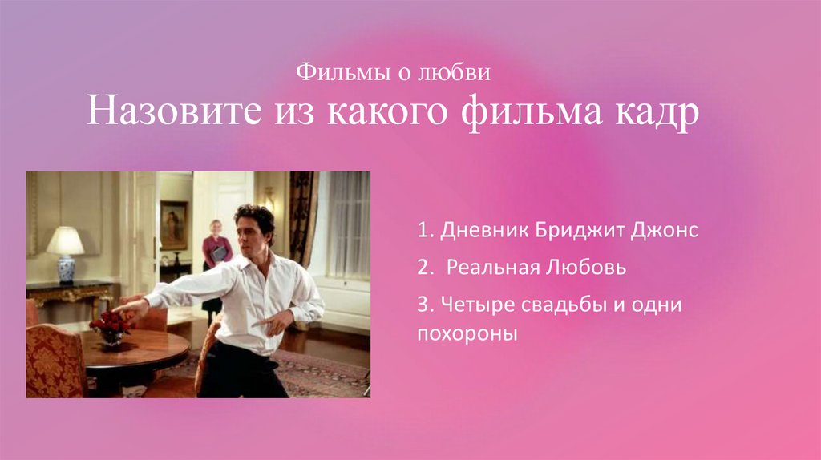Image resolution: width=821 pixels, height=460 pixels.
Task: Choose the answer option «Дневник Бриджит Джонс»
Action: pos(557,232)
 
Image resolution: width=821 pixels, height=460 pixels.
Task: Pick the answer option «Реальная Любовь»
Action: pos(536,268)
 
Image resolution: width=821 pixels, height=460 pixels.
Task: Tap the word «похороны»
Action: pos(466,332)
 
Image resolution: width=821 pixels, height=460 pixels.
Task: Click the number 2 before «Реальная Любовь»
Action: pos(421,268)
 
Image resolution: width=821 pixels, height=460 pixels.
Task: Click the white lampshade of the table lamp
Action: pos(65,240)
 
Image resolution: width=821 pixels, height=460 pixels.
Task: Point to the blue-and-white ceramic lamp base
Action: pos(65,269)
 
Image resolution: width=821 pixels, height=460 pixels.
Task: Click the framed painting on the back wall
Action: pos(173,224)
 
